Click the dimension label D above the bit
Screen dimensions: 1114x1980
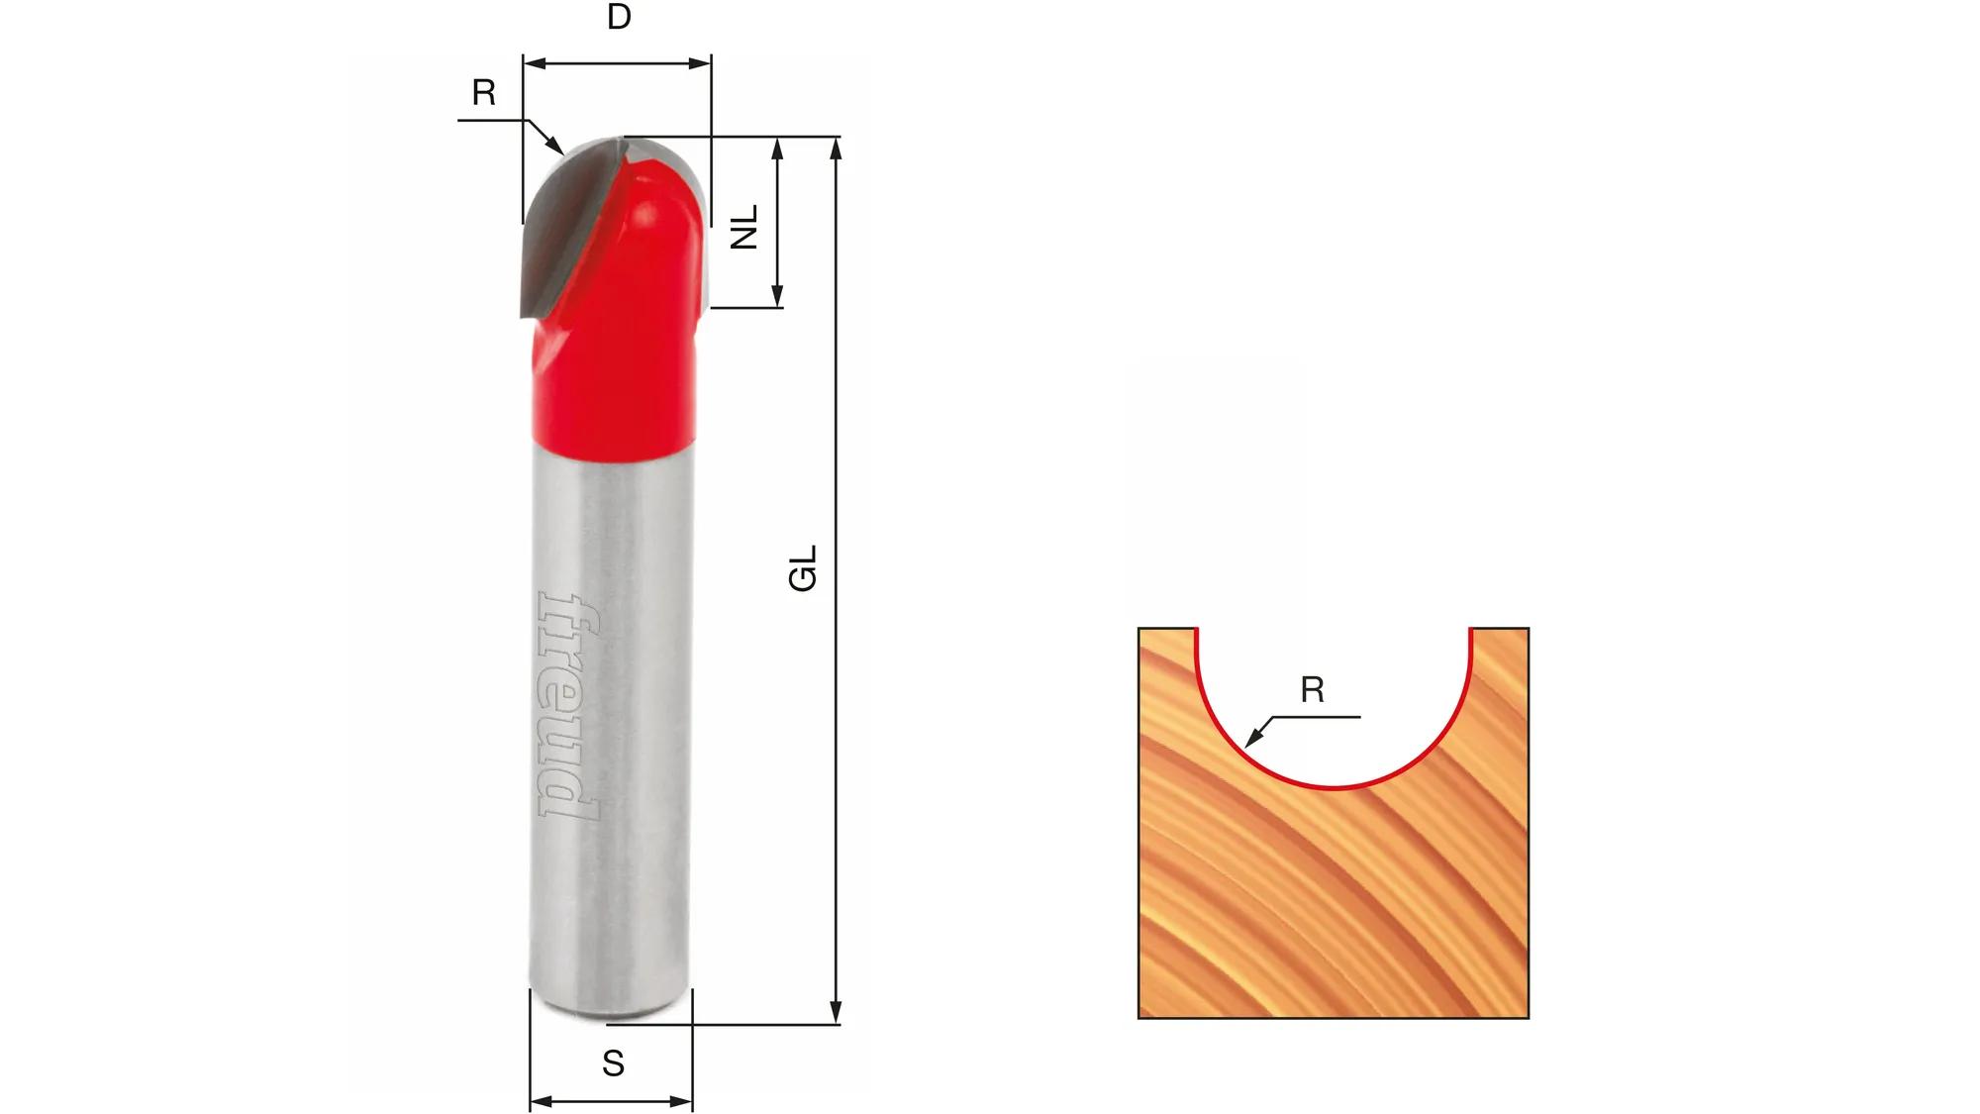(619, 18)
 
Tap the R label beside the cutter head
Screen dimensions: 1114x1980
(483, 93)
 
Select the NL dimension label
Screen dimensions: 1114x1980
(744, 226)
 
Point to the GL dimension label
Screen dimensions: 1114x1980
(803, 568)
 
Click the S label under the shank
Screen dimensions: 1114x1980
(613, 1063)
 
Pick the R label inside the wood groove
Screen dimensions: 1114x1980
(1313, 690)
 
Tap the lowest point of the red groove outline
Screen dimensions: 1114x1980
(1334, 788)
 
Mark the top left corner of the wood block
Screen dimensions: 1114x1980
(1139, 629)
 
